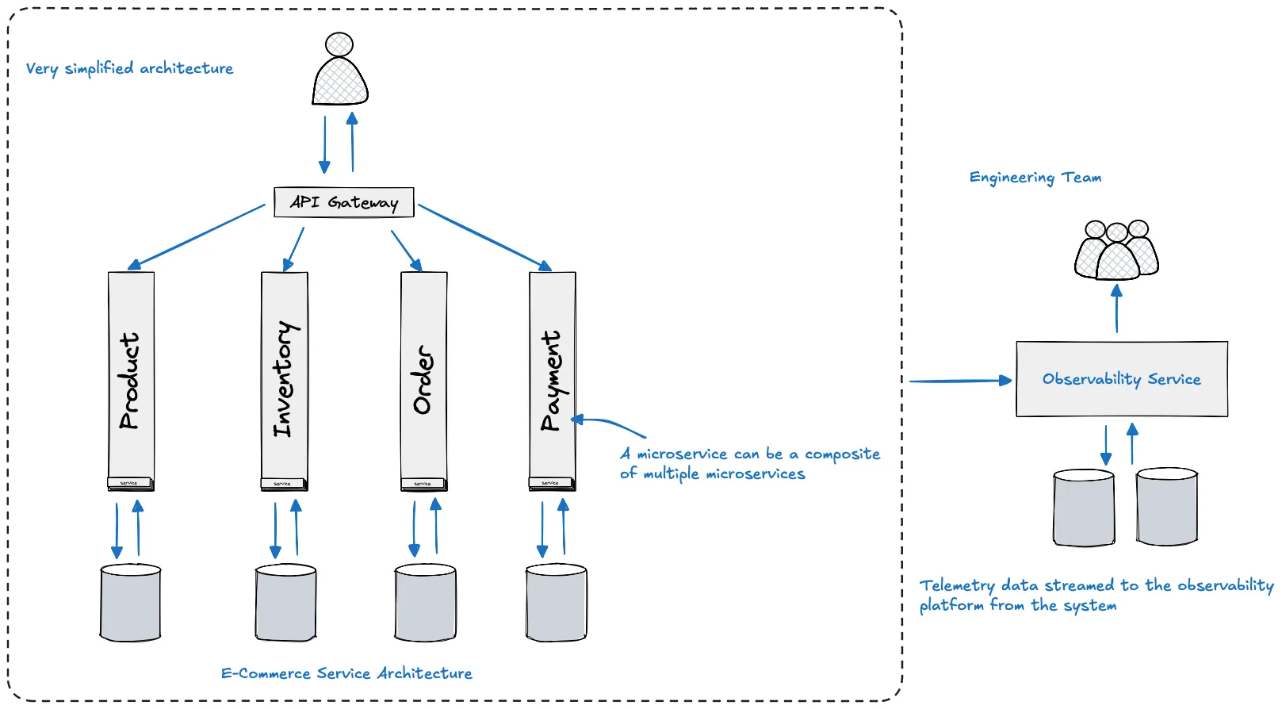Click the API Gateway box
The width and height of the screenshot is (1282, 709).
coord(343,202)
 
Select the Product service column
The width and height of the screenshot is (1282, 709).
coord(131,381)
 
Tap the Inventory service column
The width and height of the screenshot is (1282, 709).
coord(284,381)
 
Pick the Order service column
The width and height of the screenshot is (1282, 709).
coord(423,381)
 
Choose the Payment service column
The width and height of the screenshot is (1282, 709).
coord(552,381)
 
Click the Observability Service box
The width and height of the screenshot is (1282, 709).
coord(1121,379)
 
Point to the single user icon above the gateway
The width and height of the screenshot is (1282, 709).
coord(340,71)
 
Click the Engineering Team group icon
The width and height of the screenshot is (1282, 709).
coord(1116,251)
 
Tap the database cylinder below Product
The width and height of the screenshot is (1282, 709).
coord(131,602)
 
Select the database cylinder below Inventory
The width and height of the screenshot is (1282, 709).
coord(285,602)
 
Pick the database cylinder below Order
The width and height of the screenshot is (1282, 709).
coord(425,602)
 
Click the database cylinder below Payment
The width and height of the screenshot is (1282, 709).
coord(556,602)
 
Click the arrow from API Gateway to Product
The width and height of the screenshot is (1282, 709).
coord(197,236)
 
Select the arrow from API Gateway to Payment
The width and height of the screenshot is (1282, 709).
coord(484,237)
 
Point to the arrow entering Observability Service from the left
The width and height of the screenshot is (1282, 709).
coord(959,381)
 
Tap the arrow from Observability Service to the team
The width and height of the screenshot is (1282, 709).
coord(1116,309)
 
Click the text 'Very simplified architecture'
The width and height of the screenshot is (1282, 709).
coord(129,68)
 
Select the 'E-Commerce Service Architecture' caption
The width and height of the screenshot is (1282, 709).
coord(346,673)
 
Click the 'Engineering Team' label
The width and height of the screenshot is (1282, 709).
coord(1035,178)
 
